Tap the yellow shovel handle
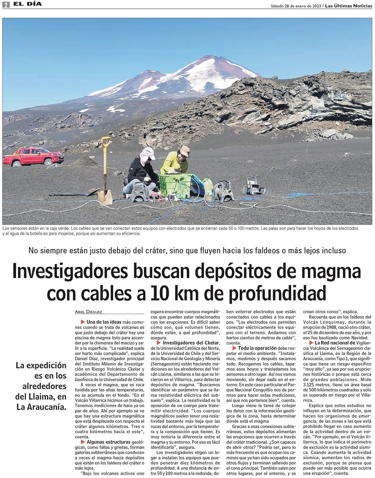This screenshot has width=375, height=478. point(106,142)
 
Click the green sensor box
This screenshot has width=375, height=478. point(175,185)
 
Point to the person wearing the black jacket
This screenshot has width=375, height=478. point(141,171)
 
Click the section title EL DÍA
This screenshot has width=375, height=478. point(27,4)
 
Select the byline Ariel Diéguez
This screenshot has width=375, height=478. point(89,311)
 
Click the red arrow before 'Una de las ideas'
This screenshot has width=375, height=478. point(83,322)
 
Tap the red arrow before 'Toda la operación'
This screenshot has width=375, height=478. point(234,348)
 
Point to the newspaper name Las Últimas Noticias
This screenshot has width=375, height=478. point(348,6)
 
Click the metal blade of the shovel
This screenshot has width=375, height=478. point(105,197)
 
